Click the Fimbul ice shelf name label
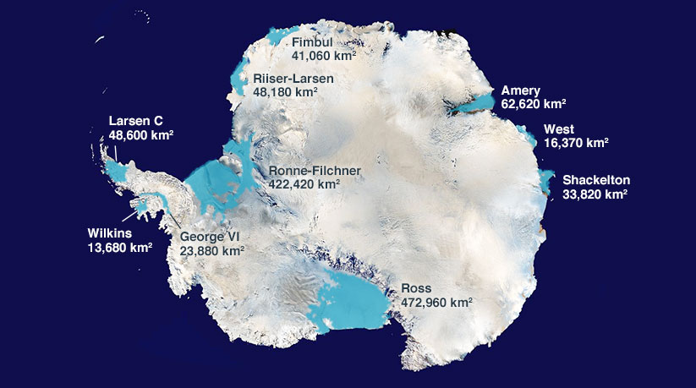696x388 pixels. pos(312,42)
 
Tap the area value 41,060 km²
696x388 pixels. pos(323,56)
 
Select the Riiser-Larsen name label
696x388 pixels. pos(293,79)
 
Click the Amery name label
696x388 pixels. pos(520,90)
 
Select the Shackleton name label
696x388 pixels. pos(596,179)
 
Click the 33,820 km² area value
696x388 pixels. pos(595,194)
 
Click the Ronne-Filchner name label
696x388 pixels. pos(315,170)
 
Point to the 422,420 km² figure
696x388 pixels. pos(304,183)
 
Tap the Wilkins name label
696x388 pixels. pos(110,233)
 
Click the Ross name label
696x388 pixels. pos(416,288)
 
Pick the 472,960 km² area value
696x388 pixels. pos(436,302)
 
